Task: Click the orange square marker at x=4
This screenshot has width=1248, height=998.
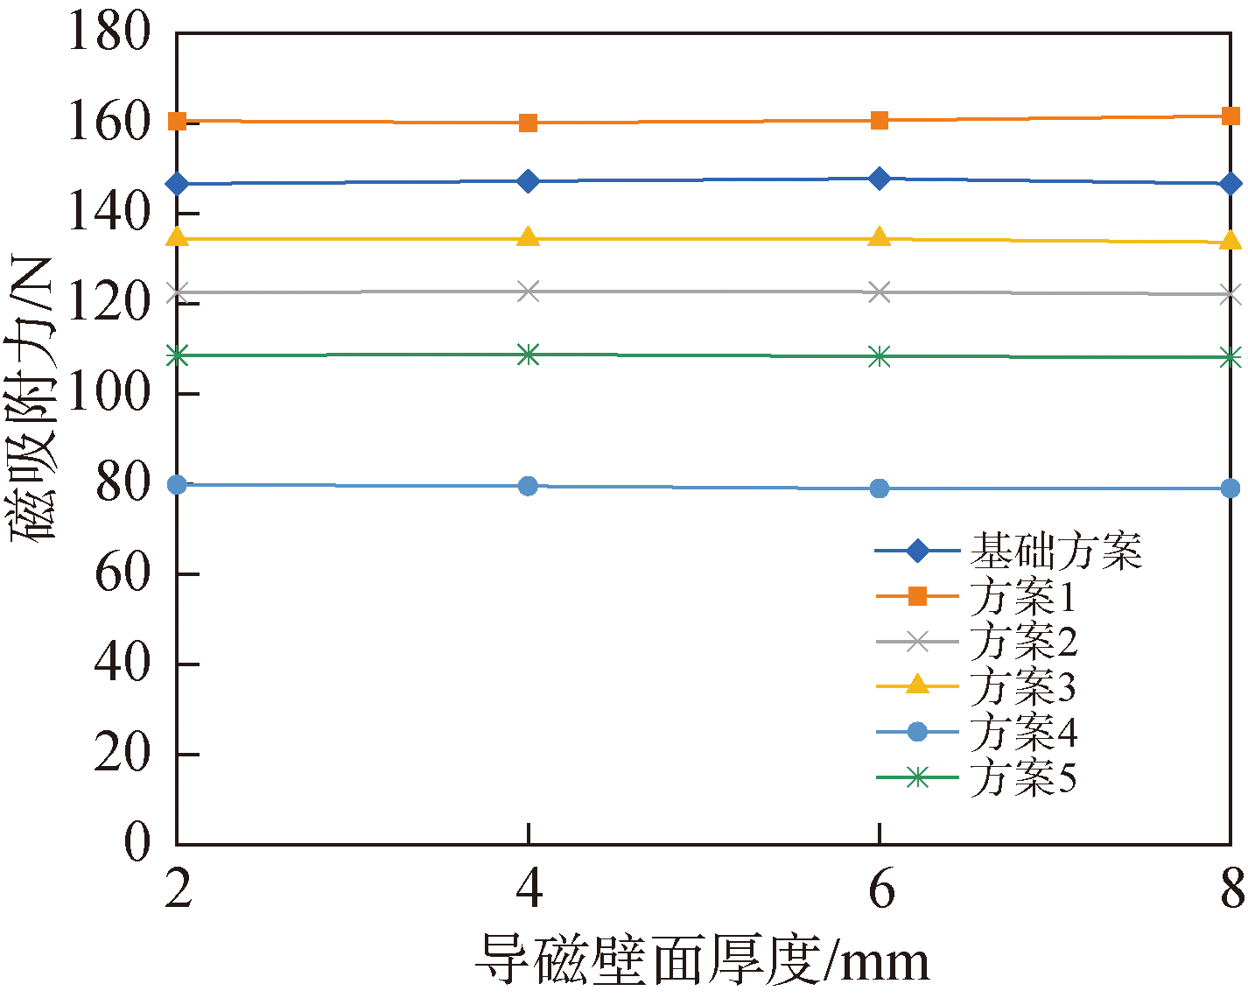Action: pyautogui.click(x=528, y=123)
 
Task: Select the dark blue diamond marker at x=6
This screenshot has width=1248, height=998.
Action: pyautogui.click(x=880, y=179)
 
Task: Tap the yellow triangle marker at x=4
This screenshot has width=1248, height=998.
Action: pyautogui.click(x=528, y=237)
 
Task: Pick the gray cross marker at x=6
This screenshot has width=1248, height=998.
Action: pyautogui.click(x=880, y=292)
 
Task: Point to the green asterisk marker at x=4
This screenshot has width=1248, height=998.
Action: pyautogui.click(x=528, y=354)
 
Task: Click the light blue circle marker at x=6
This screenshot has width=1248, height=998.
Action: pyautogui.click(x=880, y=488)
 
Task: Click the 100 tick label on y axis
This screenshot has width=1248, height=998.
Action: pyautogui.click(x=109, y=394)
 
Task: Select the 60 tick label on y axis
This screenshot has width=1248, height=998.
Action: pyautogui.click(x=123, y=574)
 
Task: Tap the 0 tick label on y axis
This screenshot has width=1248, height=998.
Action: pyautogui.click(x=137, y=843)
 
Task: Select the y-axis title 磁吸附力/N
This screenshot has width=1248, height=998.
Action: pyautogui.click(x=33, y=398)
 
